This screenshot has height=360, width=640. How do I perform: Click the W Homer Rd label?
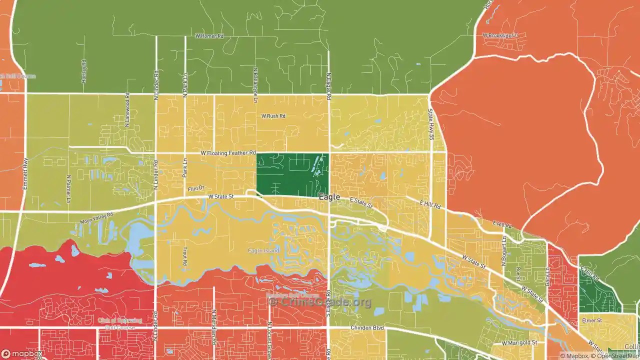point(209,36)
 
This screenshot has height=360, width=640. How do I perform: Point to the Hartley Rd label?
point(84,68)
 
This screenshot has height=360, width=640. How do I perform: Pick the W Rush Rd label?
point(273,116)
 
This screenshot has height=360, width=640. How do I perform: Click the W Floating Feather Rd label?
point(228,152)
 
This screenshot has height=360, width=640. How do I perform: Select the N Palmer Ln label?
point(68,189)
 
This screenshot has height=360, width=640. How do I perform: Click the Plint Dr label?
point(196,188)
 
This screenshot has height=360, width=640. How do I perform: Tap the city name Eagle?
point(330,197)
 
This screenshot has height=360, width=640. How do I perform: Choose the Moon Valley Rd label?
point(96,218)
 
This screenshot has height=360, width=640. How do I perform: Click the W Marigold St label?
point(519,342)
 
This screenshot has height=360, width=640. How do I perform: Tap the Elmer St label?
point(591,319)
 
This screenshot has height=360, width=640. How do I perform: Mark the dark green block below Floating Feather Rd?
point(292,174)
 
